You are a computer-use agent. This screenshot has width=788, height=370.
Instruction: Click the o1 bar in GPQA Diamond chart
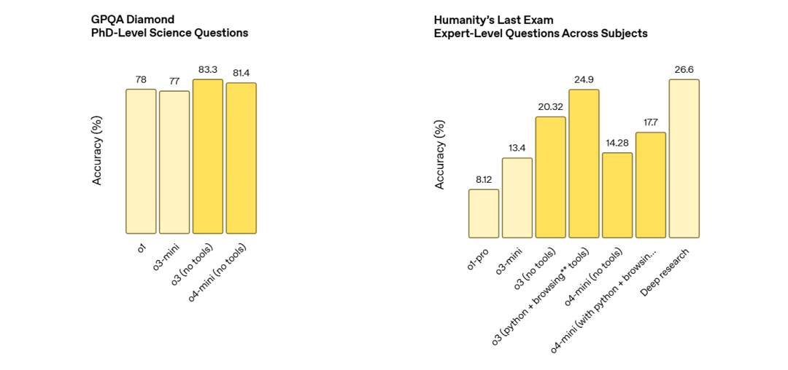pyautogui.click(x=141, y=161)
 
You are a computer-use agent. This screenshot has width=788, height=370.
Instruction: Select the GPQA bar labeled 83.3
pyautogui.click(x=208, y=156)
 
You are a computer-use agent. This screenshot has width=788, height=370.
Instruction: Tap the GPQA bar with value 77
pyautogui.click(x=174, y=162)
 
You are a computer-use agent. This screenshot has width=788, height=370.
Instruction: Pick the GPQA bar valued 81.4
pyautogui.click(x=242, y=158)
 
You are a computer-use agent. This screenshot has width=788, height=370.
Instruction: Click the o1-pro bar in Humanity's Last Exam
pyautogui.click(x=484, y=213)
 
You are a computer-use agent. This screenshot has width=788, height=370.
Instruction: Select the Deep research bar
pyautogui.click(x=684, y=158)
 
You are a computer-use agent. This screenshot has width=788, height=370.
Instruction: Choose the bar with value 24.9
pyautogui.click(x=584, y=163)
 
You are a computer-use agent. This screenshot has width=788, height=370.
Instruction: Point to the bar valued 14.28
pyautogui.click(x=617, y=195)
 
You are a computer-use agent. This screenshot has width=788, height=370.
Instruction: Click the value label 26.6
pyautogui.click(x=684, y=69)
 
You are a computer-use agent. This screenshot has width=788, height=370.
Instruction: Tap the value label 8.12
pyautogui.click(x=484, y=179)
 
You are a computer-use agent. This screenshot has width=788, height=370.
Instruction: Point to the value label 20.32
pyautogui.click(x=550, y=106)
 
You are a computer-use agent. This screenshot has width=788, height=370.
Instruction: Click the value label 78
pyautogui.click(x=141, y=79)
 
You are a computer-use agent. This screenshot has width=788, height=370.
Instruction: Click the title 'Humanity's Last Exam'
pyautogui.click(x=488, y=20)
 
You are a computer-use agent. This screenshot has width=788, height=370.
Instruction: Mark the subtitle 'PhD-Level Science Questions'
pyautogui.click(x=170, y=33)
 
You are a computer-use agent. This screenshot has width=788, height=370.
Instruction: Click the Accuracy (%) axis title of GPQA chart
pyautogui.click(x=97, y=150)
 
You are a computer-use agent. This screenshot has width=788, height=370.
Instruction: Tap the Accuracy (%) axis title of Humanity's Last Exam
pyautogui.click(x=440, y=154)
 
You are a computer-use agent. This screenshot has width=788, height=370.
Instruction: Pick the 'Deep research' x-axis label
pyautogui.click(x=665, y=272)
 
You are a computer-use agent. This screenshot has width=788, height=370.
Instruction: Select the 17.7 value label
pyautogui.click(x=651, y=122)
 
